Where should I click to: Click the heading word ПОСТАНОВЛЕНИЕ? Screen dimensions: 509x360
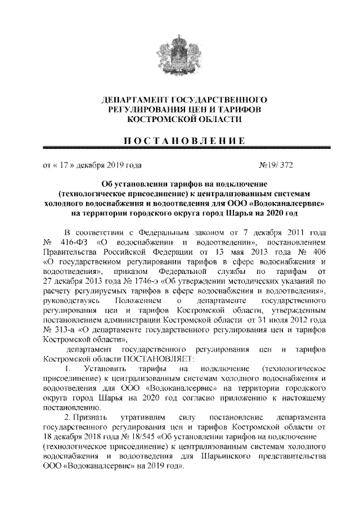click(x=180, y=139)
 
